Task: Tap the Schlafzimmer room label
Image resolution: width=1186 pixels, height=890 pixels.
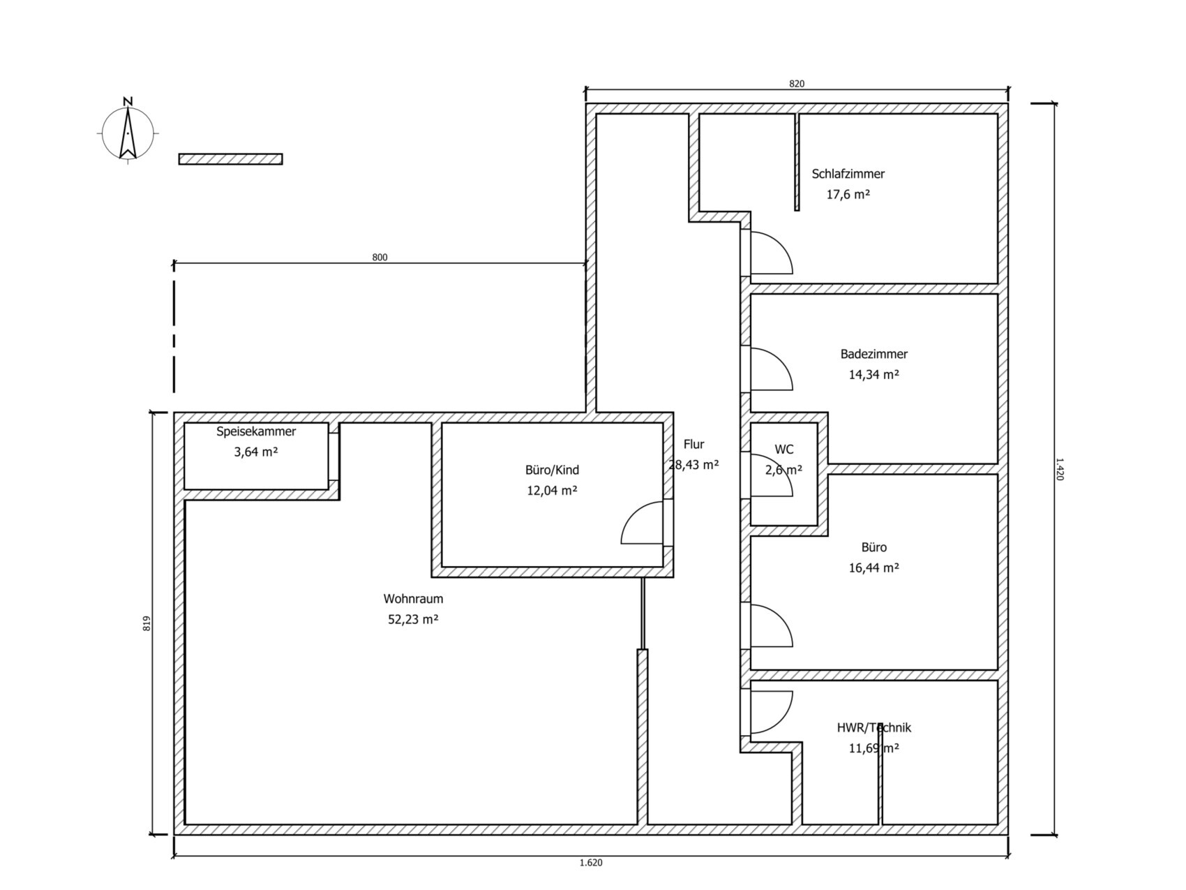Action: (x=848, y=174)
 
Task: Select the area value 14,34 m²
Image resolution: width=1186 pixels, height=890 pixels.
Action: (x=873, y=374)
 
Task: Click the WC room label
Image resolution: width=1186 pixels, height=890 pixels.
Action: (x=784, y=450)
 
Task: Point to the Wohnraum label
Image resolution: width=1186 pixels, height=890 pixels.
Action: (x=413, y=599)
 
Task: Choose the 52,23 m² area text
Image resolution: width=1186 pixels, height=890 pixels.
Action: (x=413, y=619)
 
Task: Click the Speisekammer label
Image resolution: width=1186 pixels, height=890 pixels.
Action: (x=256, y=431)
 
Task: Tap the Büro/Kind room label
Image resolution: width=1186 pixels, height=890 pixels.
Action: (x=552, y=470)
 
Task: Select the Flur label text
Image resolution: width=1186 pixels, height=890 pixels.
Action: (x=693, y=444)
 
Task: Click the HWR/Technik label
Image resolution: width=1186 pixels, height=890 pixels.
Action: (x=873, y=727)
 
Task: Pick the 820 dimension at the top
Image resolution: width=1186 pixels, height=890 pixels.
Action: (x=797, y=84)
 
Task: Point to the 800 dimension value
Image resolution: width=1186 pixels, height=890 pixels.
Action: (x=380, y=258)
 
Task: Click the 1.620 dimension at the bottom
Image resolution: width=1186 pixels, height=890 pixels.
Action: (x=591, y=862)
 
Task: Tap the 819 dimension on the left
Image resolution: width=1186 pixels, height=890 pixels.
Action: (x=147, y=623)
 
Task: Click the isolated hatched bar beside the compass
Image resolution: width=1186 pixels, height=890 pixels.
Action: (x=231, y=159)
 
